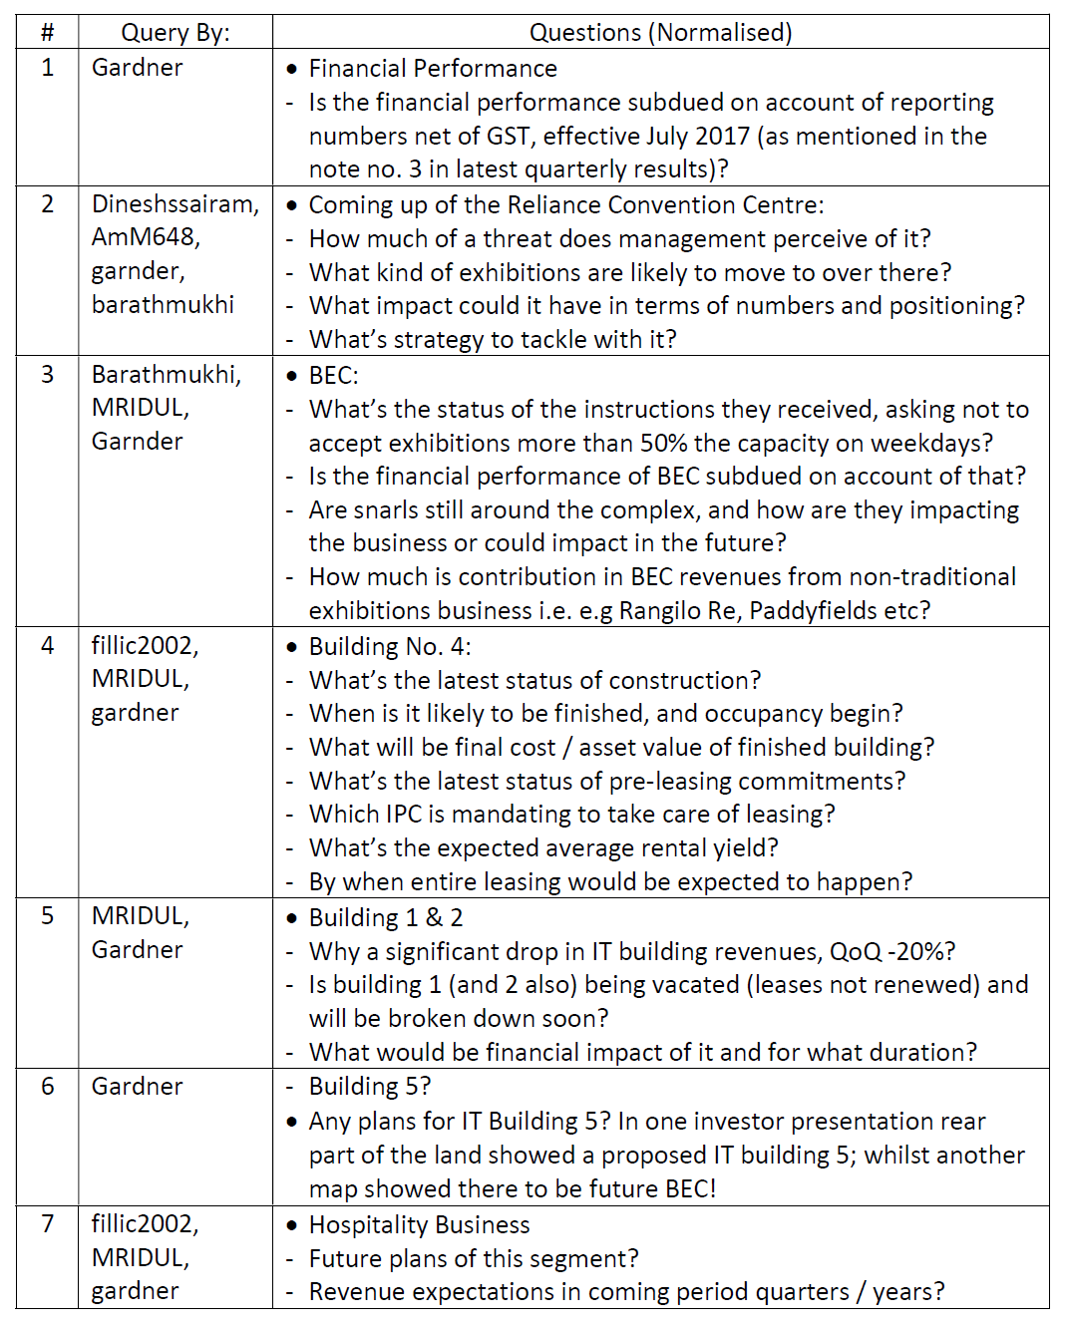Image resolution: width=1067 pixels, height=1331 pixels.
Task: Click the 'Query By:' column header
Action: click(x=175, y=33)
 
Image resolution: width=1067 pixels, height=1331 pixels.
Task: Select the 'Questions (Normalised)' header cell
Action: click(x=660, y=33)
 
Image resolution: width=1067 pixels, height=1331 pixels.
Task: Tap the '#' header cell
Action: click(x=47, y=33)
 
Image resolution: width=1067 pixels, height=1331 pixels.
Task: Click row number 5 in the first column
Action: click(x=47, y=916)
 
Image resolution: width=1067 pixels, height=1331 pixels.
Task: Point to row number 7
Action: click(x=47, y=1223)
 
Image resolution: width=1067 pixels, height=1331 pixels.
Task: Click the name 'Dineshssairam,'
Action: click(x=176, y=204)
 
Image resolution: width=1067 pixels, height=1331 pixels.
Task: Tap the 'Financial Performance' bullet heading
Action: click(x=433, y=69)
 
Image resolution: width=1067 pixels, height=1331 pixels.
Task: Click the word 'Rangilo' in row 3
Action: click(x=660, y=610)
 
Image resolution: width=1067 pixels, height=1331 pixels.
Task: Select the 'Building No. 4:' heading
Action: click(x=390, y=647)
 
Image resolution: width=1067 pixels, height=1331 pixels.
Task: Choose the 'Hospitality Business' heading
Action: click(x=419, y=1225)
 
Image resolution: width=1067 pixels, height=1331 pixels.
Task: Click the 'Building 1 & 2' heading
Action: click(x=386, y=918)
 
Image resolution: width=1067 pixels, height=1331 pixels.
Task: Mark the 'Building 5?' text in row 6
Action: click(x=370, y=1087)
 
